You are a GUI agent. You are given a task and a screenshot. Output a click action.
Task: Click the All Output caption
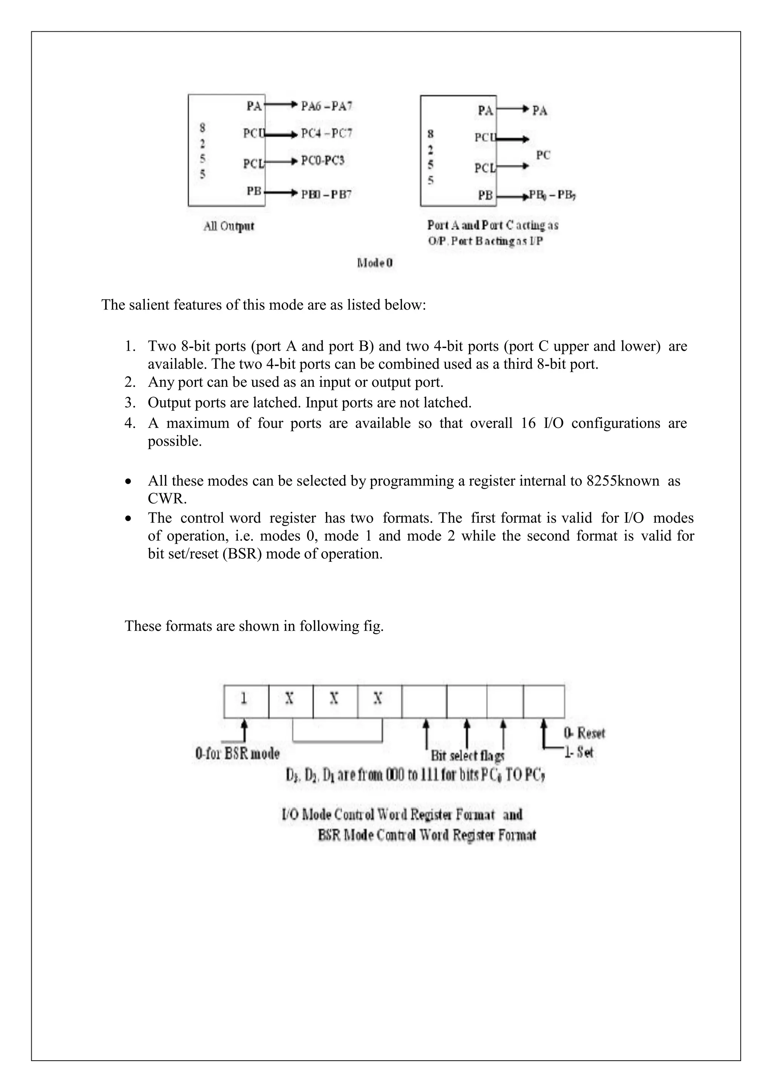(229, 226)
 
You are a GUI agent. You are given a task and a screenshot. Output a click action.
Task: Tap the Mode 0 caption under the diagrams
(375, 263)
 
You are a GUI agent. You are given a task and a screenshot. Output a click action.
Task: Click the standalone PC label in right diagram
(543, 155)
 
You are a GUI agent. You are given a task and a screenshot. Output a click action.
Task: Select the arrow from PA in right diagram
(512, 109)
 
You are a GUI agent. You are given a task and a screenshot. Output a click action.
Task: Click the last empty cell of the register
(544, 701)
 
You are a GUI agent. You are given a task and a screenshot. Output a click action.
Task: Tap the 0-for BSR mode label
(237, 753)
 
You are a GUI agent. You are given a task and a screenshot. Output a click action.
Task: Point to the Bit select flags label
(467, 755)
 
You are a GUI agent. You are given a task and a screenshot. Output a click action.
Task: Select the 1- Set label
(579, 752)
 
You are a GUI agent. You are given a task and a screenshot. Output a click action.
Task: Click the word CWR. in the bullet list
(167, 499)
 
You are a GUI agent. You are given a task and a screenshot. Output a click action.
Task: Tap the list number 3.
(130, 403)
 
